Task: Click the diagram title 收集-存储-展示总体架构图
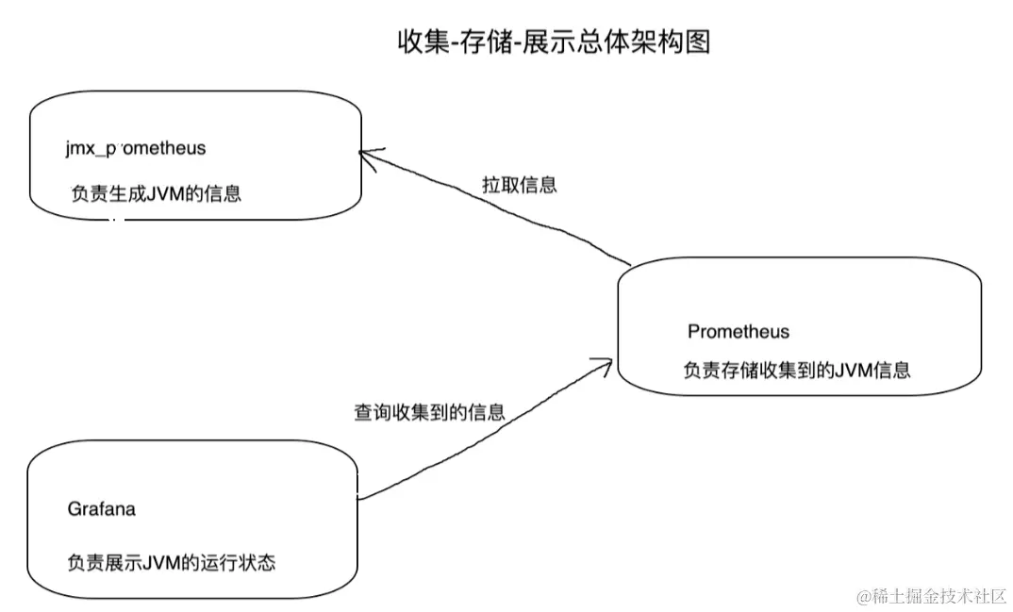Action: (x=553, y=41)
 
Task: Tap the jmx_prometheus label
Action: (x=136, y=148)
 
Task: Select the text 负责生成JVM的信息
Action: (x=156, y=194)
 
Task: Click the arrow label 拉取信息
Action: (x=519, y=184)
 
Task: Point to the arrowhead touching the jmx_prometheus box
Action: (x=367, y=154)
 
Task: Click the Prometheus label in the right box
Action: (x=739, y=332)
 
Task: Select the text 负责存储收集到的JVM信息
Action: (x=797, y=370)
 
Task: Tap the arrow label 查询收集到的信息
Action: (x=429, y=411)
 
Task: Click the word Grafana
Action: (x=101, y=509)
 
